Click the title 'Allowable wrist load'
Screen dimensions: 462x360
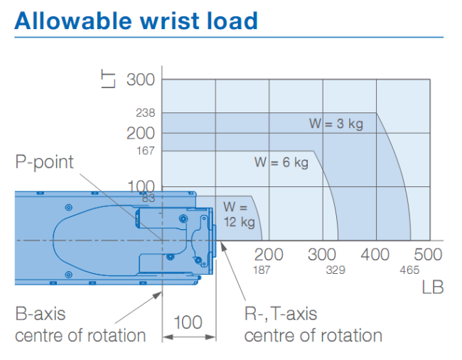pyautogui.click(x=136, y=21)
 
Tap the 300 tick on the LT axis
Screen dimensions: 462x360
pyautogui.click(x=141, y=80)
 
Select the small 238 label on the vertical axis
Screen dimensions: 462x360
pyautogui.click(x=145, y=112)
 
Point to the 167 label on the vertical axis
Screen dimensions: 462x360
pyautogui.click(x=146, y=151)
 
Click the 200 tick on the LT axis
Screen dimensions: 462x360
pyautogui.click(x=141, y=133)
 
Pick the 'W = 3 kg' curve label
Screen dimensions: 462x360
pyautogui.click(x=336, y=124)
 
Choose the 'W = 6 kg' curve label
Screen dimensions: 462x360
pyautogui.click(x=281, y=162)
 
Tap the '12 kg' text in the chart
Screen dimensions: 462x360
pyautogui.click(x=240, y=222)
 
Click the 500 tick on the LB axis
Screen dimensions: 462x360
pyautogui.click(x=428, y=255)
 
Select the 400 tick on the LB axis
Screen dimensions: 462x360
pyautogui.click(x=375, y=255)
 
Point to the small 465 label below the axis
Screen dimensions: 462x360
pyautogui.click(x=409, y=270)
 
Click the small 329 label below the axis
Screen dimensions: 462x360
pyautogui.click(x=335, y=270)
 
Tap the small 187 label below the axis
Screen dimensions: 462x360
pyautogui.click(x=262, y=270)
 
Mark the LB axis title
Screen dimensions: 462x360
pyautogui.click(x=433, y=287)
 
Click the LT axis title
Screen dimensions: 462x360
pyautogui.click(x=108, y=79)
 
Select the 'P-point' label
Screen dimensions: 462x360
pyautogui.click(x=44, y=162)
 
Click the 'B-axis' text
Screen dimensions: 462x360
pyautogui.click(x=41, y=314)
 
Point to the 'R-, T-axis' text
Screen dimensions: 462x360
pyautogui.click(x=281, y=314)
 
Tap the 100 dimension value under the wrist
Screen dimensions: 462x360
pyautogui.click(x=188, y=322)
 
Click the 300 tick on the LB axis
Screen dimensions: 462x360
pyautogui.click(x=322, y=255)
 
